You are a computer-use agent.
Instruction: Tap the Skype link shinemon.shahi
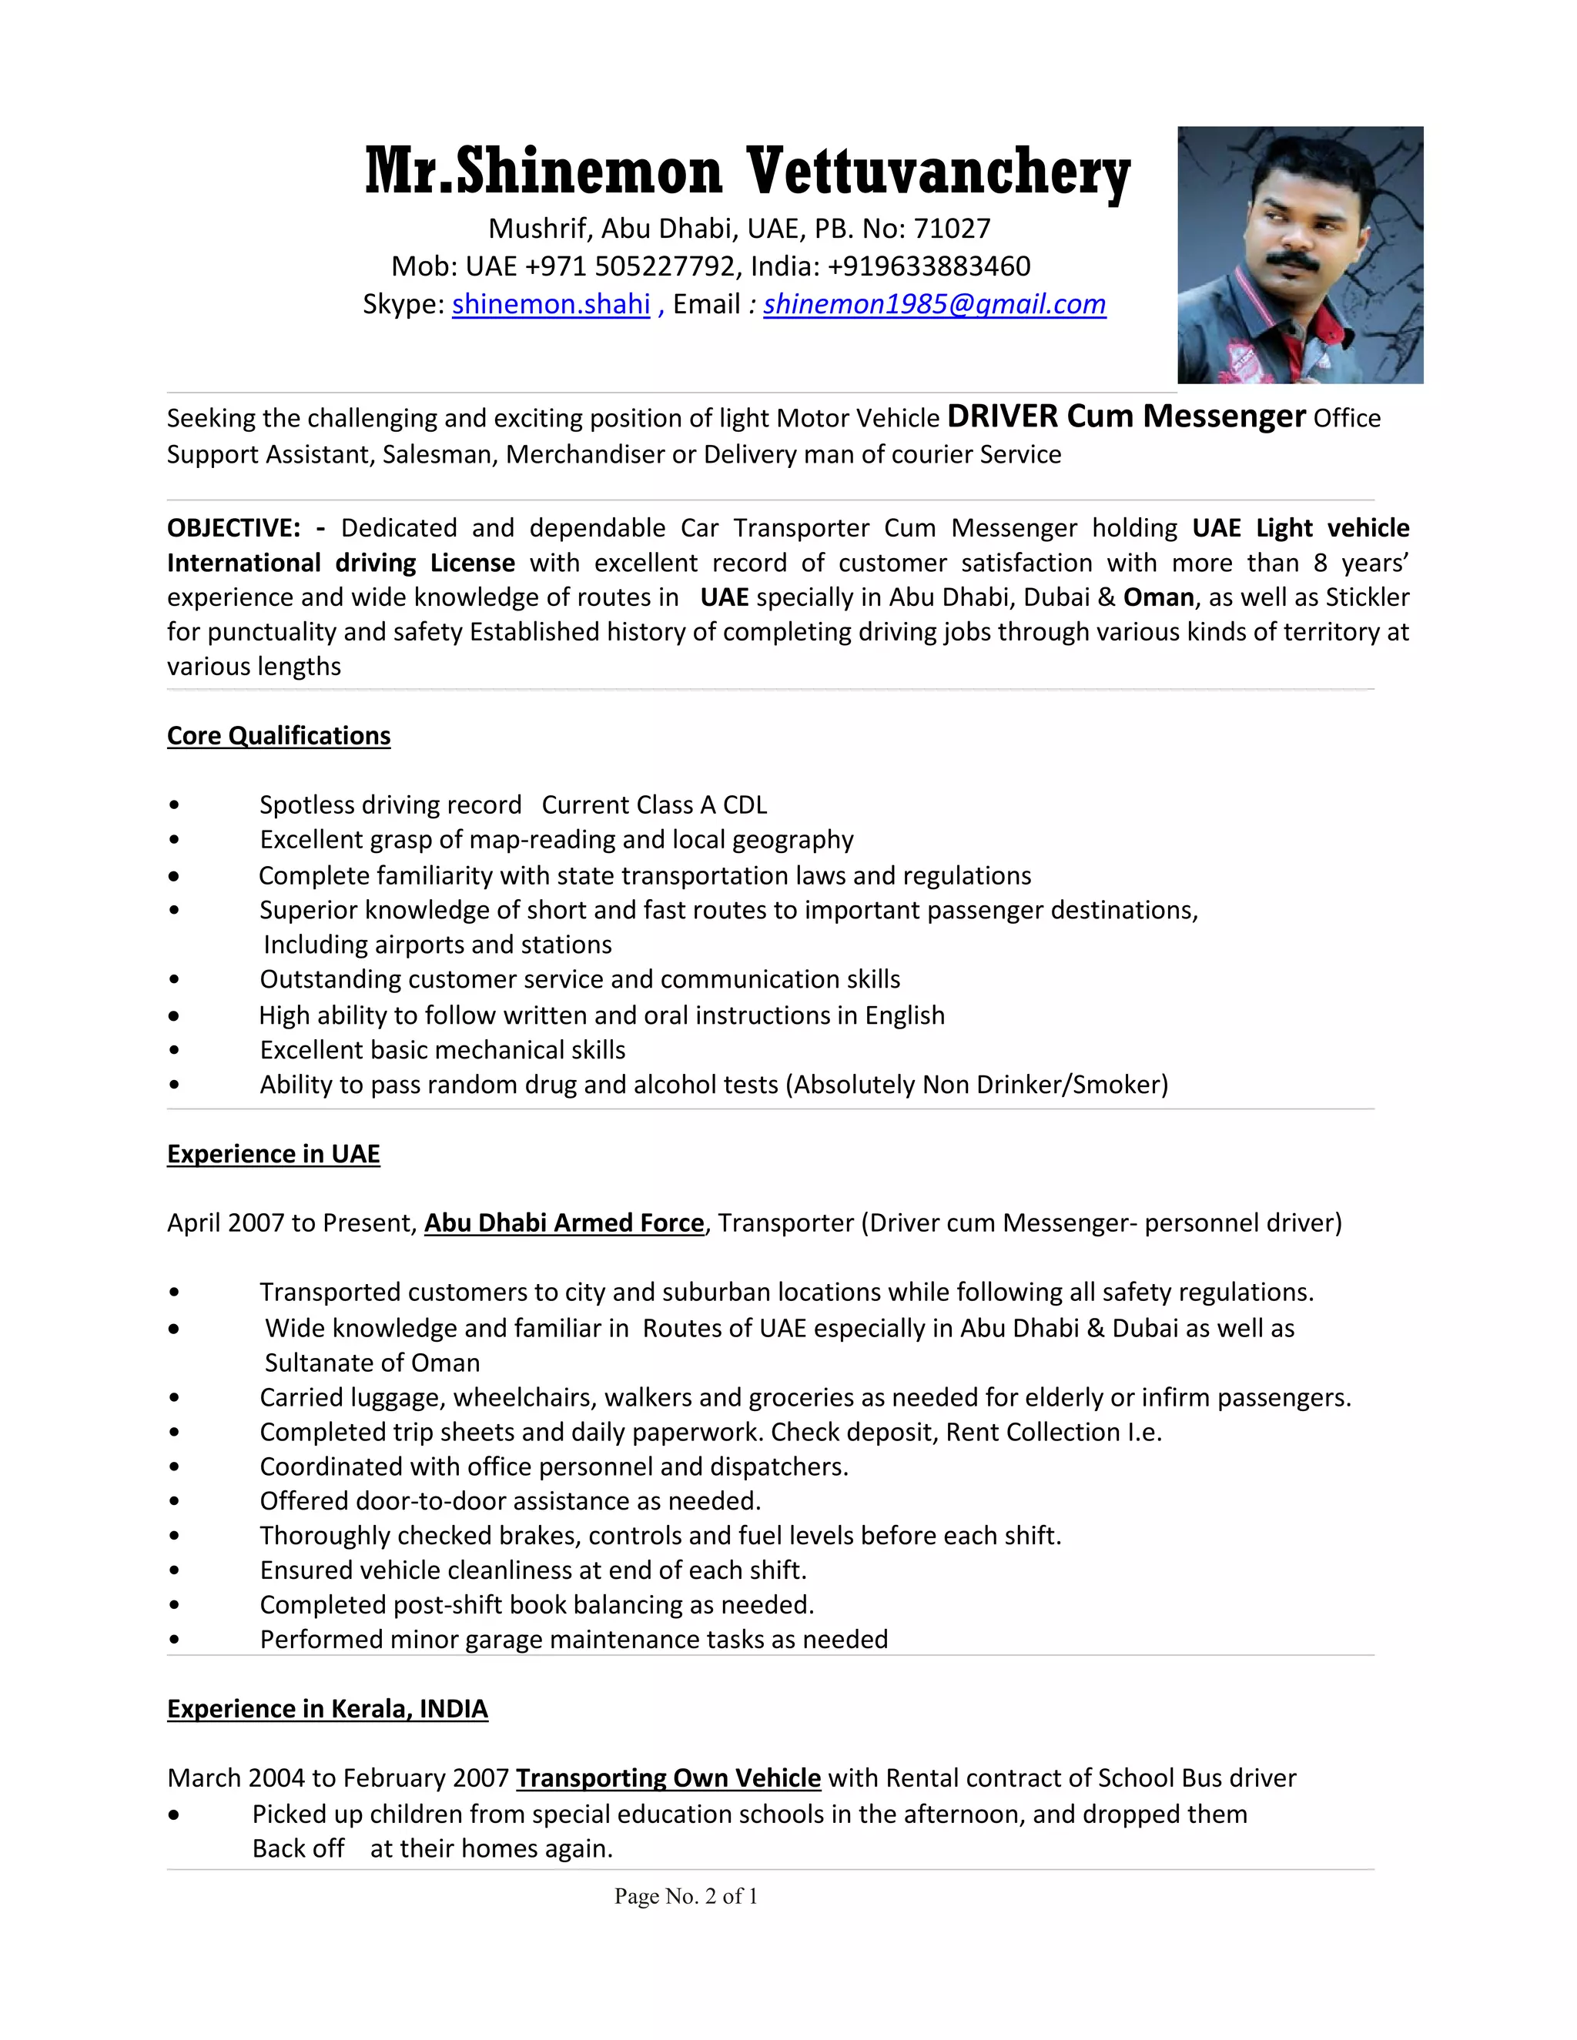tap(551, 305)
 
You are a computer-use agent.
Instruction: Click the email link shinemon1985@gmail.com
tap(934, 305)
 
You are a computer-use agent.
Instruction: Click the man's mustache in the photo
tap(1293, 261)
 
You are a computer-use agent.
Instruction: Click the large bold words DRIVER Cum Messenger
tap(1126, 416)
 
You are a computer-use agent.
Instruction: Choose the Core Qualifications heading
tap(279, 736)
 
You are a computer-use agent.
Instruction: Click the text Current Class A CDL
tap(654, 805)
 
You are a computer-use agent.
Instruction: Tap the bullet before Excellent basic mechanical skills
tap(174, 1050)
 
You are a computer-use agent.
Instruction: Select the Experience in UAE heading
tap(273, 1155)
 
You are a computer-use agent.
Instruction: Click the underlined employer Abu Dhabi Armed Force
tap(564, 1224)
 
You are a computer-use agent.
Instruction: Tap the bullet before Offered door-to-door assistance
tap(174, 1501)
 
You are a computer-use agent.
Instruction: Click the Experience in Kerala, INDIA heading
tap(327, 1709)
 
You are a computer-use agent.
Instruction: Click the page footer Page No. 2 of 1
tap(686, 1896)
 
